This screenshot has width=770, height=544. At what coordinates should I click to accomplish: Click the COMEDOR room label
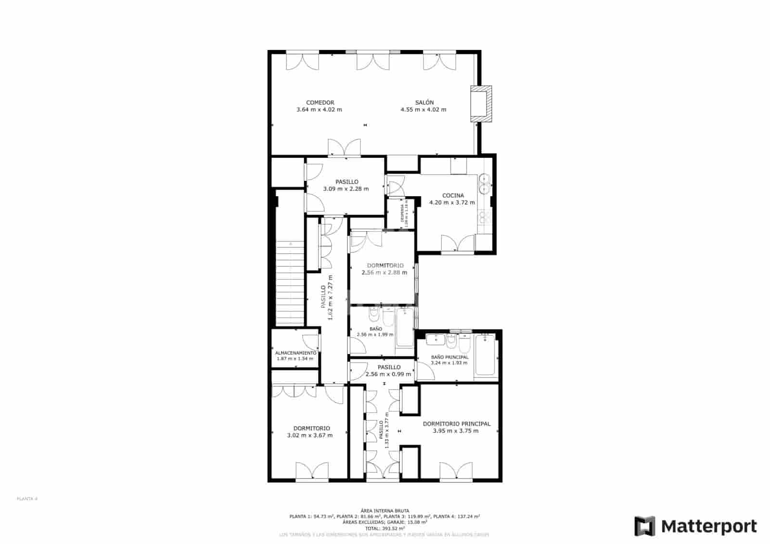point(320,102)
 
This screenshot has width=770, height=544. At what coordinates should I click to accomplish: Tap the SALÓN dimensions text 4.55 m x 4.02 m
point(423,110)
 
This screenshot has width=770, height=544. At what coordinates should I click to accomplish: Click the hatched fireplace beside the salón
point(481,104)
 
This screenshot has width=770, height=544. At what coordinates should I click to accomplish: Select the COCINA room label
point(453,195)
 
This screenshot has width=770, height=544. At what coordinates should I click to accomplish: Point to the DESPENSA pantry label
point(402,214)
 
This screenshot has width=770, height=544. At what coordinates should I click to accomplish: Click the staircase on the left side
point(290,284)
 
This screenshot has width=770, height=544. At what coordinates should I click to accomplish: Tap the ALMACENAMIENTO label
point(295,353)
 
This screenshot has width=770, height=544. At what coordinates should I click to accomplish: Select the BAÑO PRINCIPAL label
point(449,357)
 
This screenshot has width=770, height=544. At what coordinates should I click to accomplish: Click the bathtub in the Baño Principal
point(485,355)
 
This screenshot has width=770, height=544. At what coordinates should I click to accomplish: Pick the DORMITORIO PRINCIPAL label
point(456,424)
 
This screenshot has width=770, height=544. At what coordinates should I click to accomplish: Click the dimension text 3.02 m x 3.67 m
point(309,435)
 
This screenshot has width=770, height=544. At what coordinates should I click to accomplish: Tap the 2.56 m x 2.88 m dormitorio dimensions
point(384,272)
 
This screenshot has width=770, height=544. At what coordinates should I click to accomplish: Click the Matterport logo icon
point(644,526)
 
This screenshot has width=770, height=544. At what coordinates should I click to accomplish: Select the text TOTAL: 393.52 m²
point(385,528)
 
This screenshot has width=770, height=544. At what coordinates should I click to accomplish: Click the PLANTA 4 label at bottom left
point(27,499)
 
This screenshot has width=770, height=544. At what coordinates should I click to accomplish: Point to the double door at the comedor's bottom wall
point(344,148)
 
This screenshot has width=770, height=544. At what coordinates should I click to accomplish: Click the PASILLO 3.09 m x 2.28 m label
point(346,185)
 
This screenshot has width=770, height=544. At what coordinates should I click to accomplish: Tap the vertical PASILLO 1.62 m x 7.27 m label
point(327,298)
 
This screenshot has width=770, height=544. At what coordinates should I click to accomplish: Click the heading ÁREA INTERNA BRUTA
point(385,510)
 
